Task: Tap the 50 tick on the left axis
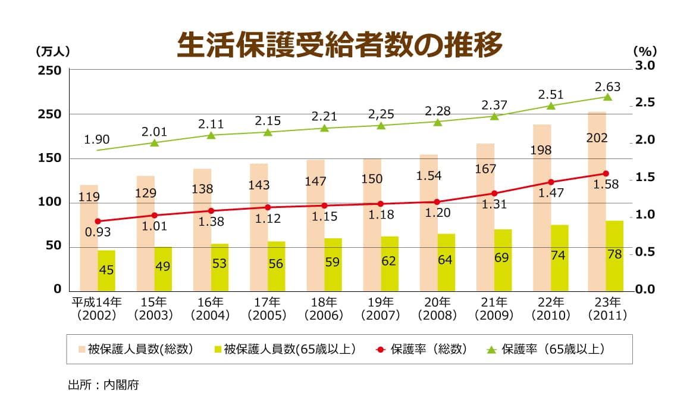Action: tap(53, 247)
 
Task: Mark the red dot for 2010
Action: tap(551, 182)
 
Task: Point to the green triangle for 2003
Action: tap(154, 143)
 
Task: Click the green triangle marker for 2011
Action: tap(607, 97)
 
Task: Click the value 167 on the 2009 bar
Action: tap(485, 169)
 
